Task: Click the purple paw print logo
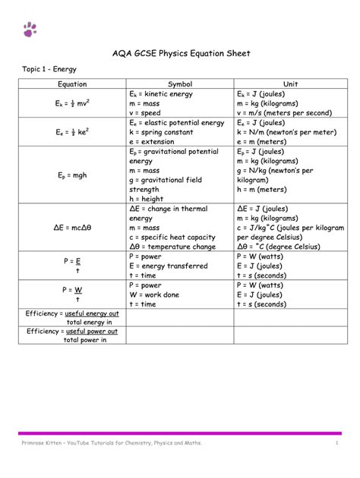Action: [30, 29]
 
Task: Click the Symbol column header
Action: [180, 83]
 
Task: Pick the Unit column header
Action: [290, 83]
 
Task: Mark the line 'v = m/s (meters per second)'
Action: [285, 112]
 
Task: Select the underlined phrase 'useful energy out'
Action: [92, 313]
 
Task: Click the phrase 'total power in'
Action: [85, 340]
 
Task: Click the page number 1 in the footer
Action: [336, 442]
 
